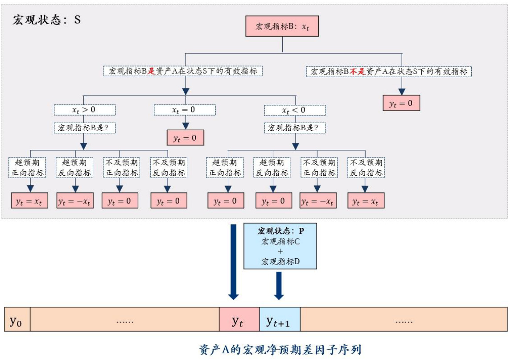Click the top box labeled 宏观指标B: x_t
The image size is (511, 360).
[x=282, y=26]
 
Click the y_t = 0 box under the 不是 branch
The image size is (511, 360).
[x=401, y=103]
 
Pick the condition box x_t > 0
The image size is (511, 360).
[x=84, y=110]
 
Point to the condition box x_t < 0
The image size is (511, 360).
[x=295, y=110]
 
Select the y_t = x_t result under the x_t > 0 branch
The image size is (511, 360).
[x=29, y=201]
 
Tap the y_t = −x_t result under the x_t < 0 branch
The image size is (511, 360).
[x=318, y=201]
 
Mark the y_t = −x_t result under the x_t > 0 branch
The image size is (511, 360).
[x=74, y=201]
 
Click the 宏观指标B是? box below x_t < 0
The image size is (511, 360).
[x=295, y=128]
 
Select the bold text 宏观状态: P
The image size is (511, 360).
[x=280, y=231]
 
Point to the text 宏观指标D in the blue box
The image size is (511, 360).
[x=280, y=262]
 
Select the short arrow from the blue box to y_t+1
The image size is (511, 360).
[x=279, y=286]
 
